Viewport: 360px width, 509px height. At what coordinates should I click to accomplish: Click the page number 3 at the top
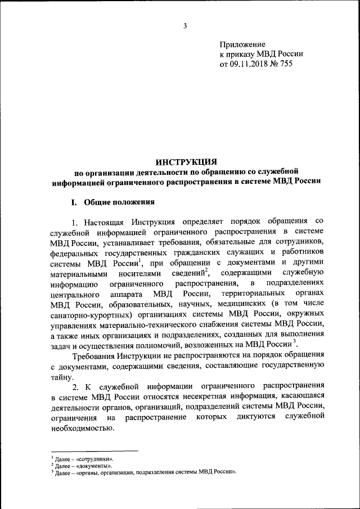(184, 25)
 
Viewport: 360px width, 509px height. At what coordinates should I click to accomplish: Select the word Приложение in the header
(242, 44)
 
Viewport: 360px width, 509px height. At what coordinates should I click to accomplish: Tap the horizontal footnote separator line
(94, 451)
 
